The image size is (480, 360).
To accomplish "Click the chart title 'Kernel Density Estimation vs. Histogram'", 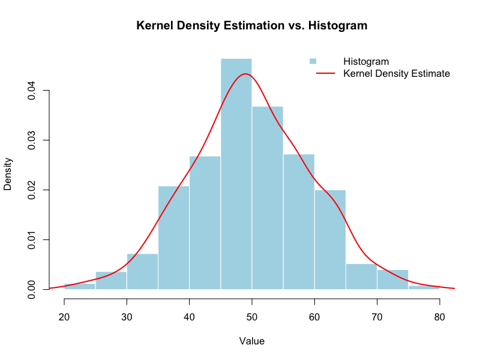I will (252, 26).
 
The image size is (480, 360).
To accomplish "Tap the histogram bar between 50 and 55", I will (268, 198).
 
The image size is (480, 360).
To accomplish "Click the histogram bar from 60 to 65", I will (330, 240).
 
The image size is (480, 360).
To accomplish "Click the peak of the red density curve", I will (245, 74).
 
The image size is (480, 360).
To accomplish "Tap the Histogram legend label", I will (366, 61).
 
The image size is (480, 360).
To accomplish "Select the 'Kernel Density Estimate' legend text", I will (397, 74).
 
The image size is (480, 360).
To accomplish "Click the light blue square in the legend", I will (313, 61).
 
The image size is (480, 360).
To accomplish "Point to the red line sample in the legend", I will (324, 74).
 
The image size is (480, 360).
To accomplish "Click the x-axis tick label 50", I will (252, 317).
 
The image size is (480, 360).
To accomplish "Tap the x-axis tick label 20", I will (64, 317).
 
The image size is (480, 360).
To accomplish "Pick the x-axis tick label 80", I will (440, 317).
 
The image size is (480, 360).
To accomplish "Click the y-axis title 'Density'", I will (8, 174).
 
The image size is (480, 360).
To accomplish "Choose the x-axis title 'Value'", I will (252, 341).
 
